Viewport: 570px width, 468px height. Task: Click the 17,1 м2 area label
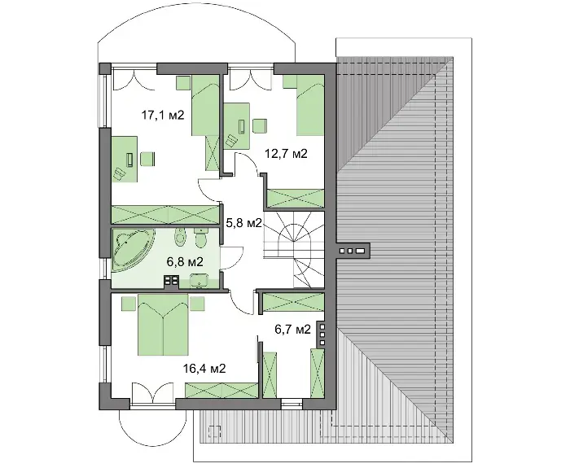pyautogui.click(x=163, y=116)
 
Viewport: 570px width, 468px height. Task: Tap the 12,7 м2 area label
pyautogui.click(x=286, y=154)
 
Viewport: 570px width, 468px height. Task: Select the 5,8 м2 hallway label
pyautogui.click(x=244, y=223)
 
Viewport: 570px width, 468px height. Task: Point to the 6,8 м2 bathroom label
pyautogui.click(x=185, y=261)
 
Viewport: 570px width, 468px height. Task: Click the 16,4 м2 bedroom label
pyautogui.click(x=204, y=369)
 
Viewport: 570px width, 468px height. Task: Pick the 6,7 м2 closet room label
pyautogui.click(x=292, y=330)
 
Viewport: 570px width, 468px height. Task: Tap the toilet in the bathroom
pyautogui.click(x=200, y=236)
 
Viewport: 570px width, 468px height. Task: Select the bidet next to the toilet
pyautogui.click(x=180, y=236)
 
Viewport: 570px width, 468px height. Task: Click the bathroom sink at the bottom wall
pyautogui.click(x=199, y=282)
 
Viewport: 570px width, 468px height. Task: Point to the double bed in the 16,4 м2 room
pyautogui.click(x=163, y=325)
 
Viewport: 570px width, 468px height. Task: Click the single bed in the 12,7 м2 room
pyautogui.click(x=310, y=105)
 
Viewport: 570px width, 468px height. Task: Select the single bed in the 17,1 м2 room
pyautogui.click(x=205, y=105)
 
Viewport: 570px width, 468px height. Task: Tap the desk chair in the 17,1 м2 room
pyautogui.click(x=147, y=160)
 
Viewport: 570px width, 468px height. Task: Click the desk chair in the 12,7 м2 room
pyautogui.click(x=260, y=126)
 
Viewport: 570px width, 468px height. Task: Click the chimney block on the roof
pyautogui.click(x=353, y=251)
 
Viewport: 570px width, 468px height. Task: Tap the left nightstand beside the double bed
pyautogui.click(x=129, y=304)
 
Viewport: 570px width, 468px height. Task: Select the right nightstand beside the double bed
pyautogui.click(x=197, y=304)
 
